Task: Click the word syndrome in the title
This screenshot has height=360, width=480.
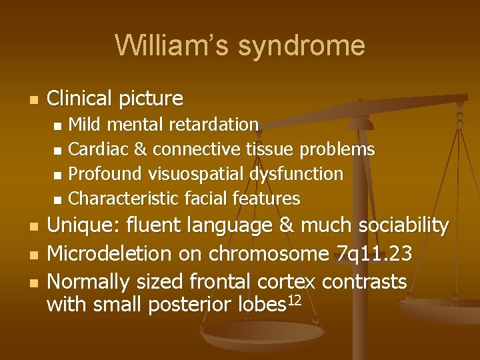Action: point(301,46)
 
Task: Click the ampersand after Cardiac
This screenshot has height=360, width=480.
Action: point(141,149)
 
